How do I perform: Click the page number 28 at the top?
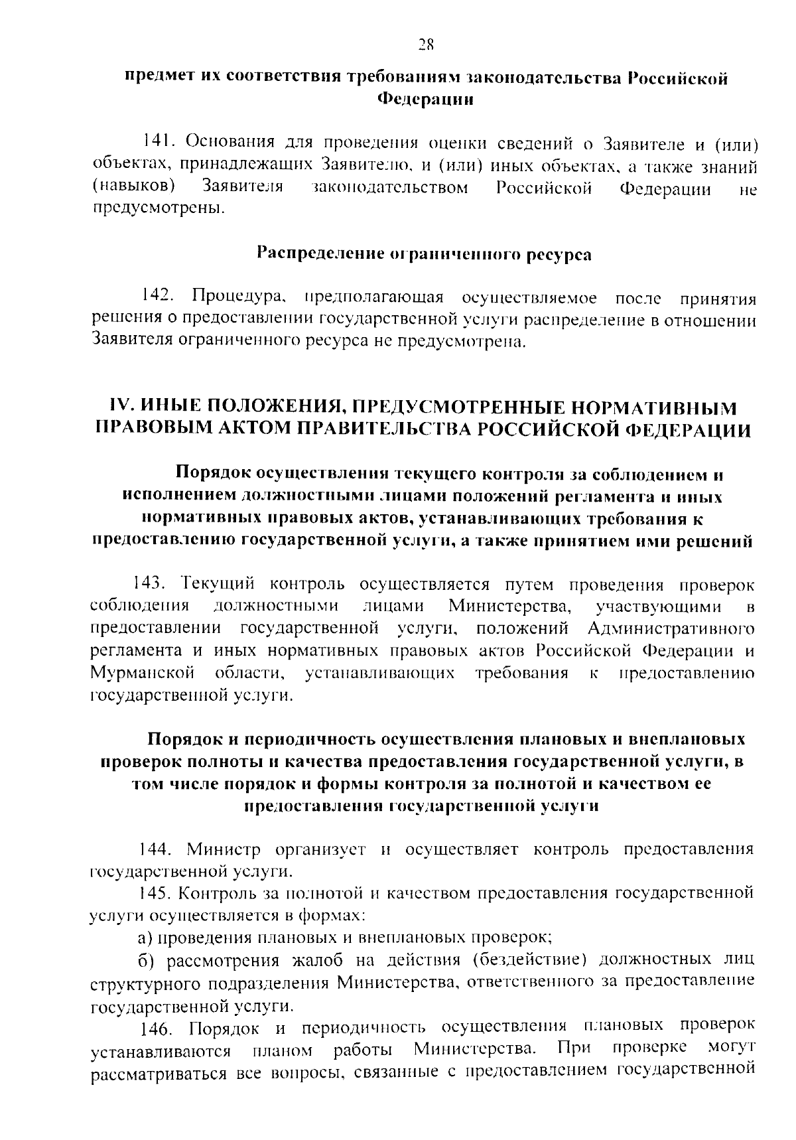tap(425, 44)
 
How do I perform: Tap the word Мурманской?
tap(141, 673)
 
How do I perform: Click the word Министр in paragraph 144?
tap(224, 849)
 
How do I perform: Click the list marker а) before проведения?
tap(145, 938)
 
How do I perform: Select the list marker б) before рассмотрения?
tap(145, 960)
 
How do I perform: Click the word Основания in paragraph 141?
tap(226, 142)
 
